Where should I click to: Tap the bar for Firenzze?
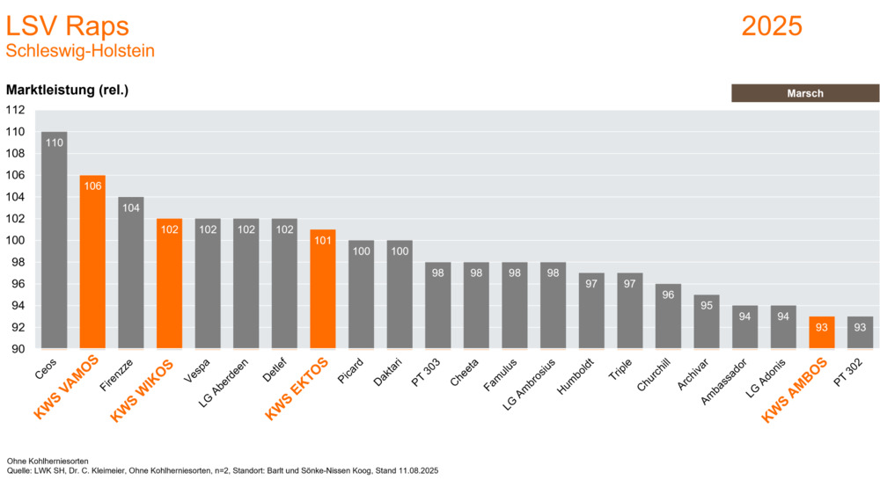131,273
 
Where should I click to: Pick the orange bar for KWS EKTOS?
323,289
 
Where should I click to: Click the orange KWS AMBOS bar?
822,333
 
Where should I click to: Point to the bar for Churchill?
668,316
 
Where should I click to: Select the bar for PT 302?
861,333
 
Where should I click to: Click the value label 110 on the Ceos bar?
54,142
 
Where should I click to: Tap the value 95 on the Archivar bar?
707,305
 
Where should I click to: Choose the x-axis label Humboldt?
580,376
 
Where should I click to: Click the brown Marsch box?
804,93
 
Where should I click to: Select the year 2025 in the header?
772,25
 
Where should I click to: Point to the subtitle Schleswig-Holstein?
80,51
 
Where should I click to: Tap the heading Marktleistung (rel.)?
68,90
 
